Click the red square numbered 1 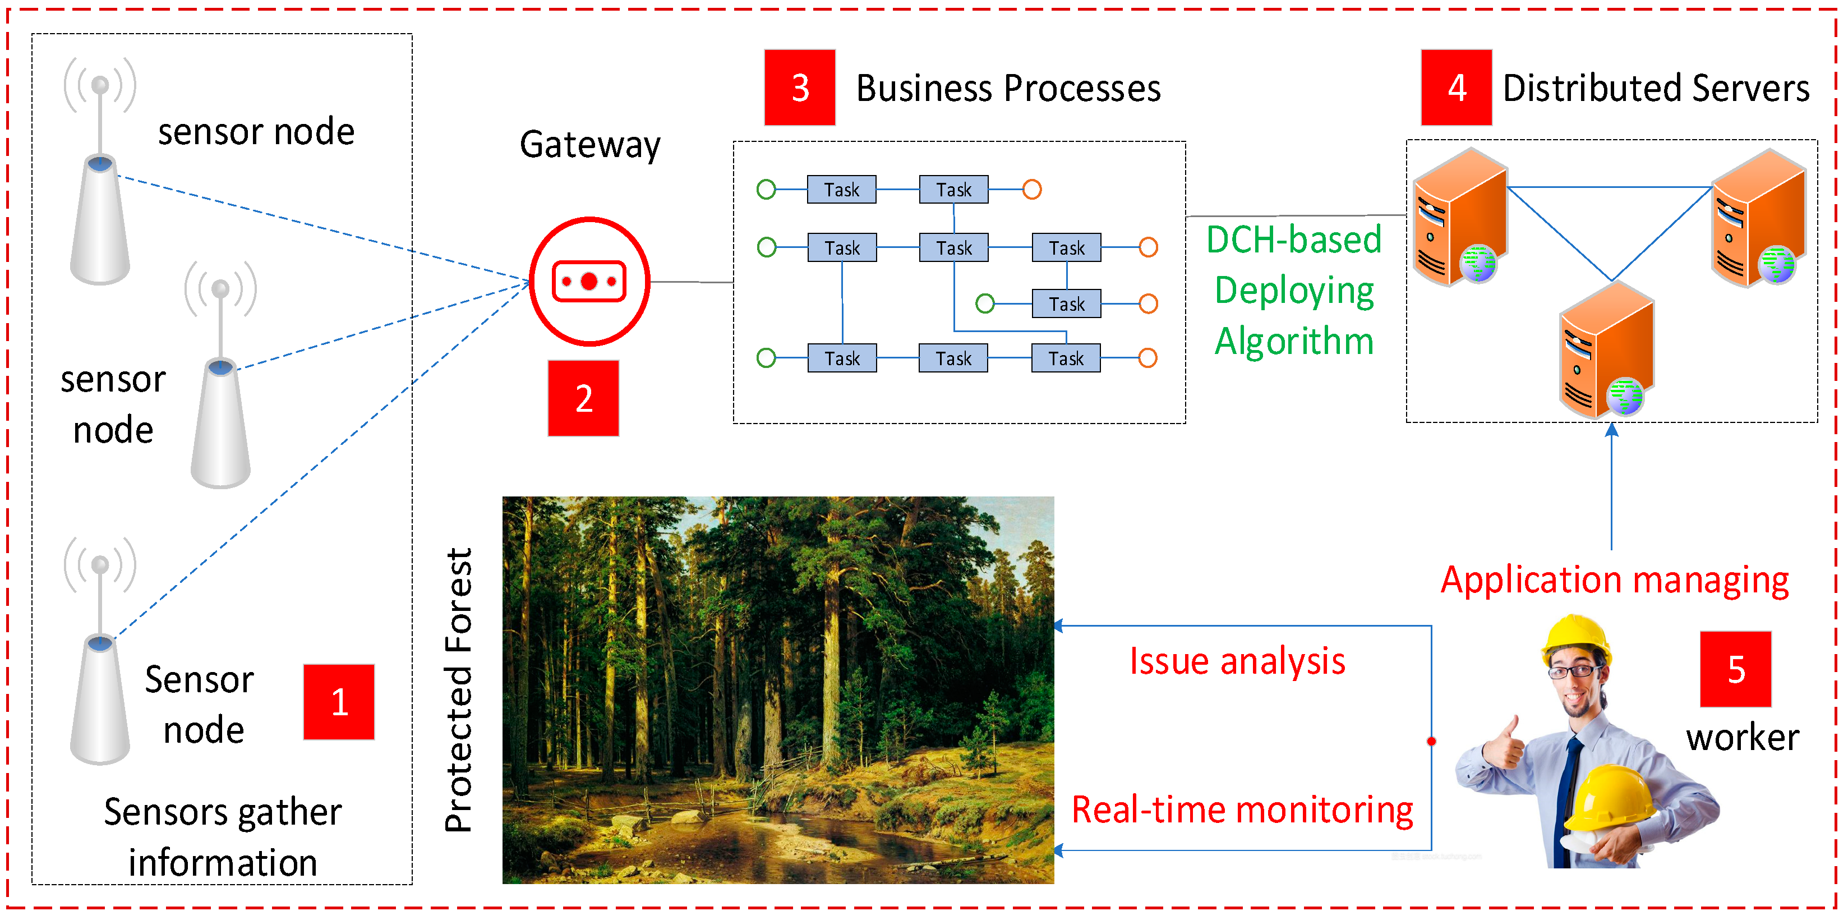[x=339, y=701]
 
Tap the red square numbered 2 [x=583, y=398]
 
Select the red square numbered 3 [x=799, y=88]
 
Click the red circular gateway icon [x=589, y=281]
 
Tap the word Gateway [x=589, y=145]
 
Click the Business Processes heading [x=1008, y=89]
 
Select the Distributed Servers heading [x=1655, y=89]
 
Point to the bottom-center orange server [x=1607, y=352]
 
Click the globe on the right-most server [x=1776, y=264]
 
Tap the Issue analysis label [x=1237, y=661]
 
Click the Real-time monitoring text [x=1242, y=809]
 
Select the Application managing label [x=1614, y=580]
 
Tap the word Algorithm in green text [x=1293, y=341]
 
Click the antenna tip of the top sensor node [x=100, y=85]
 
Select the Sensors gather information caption [x=223, y=837]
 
